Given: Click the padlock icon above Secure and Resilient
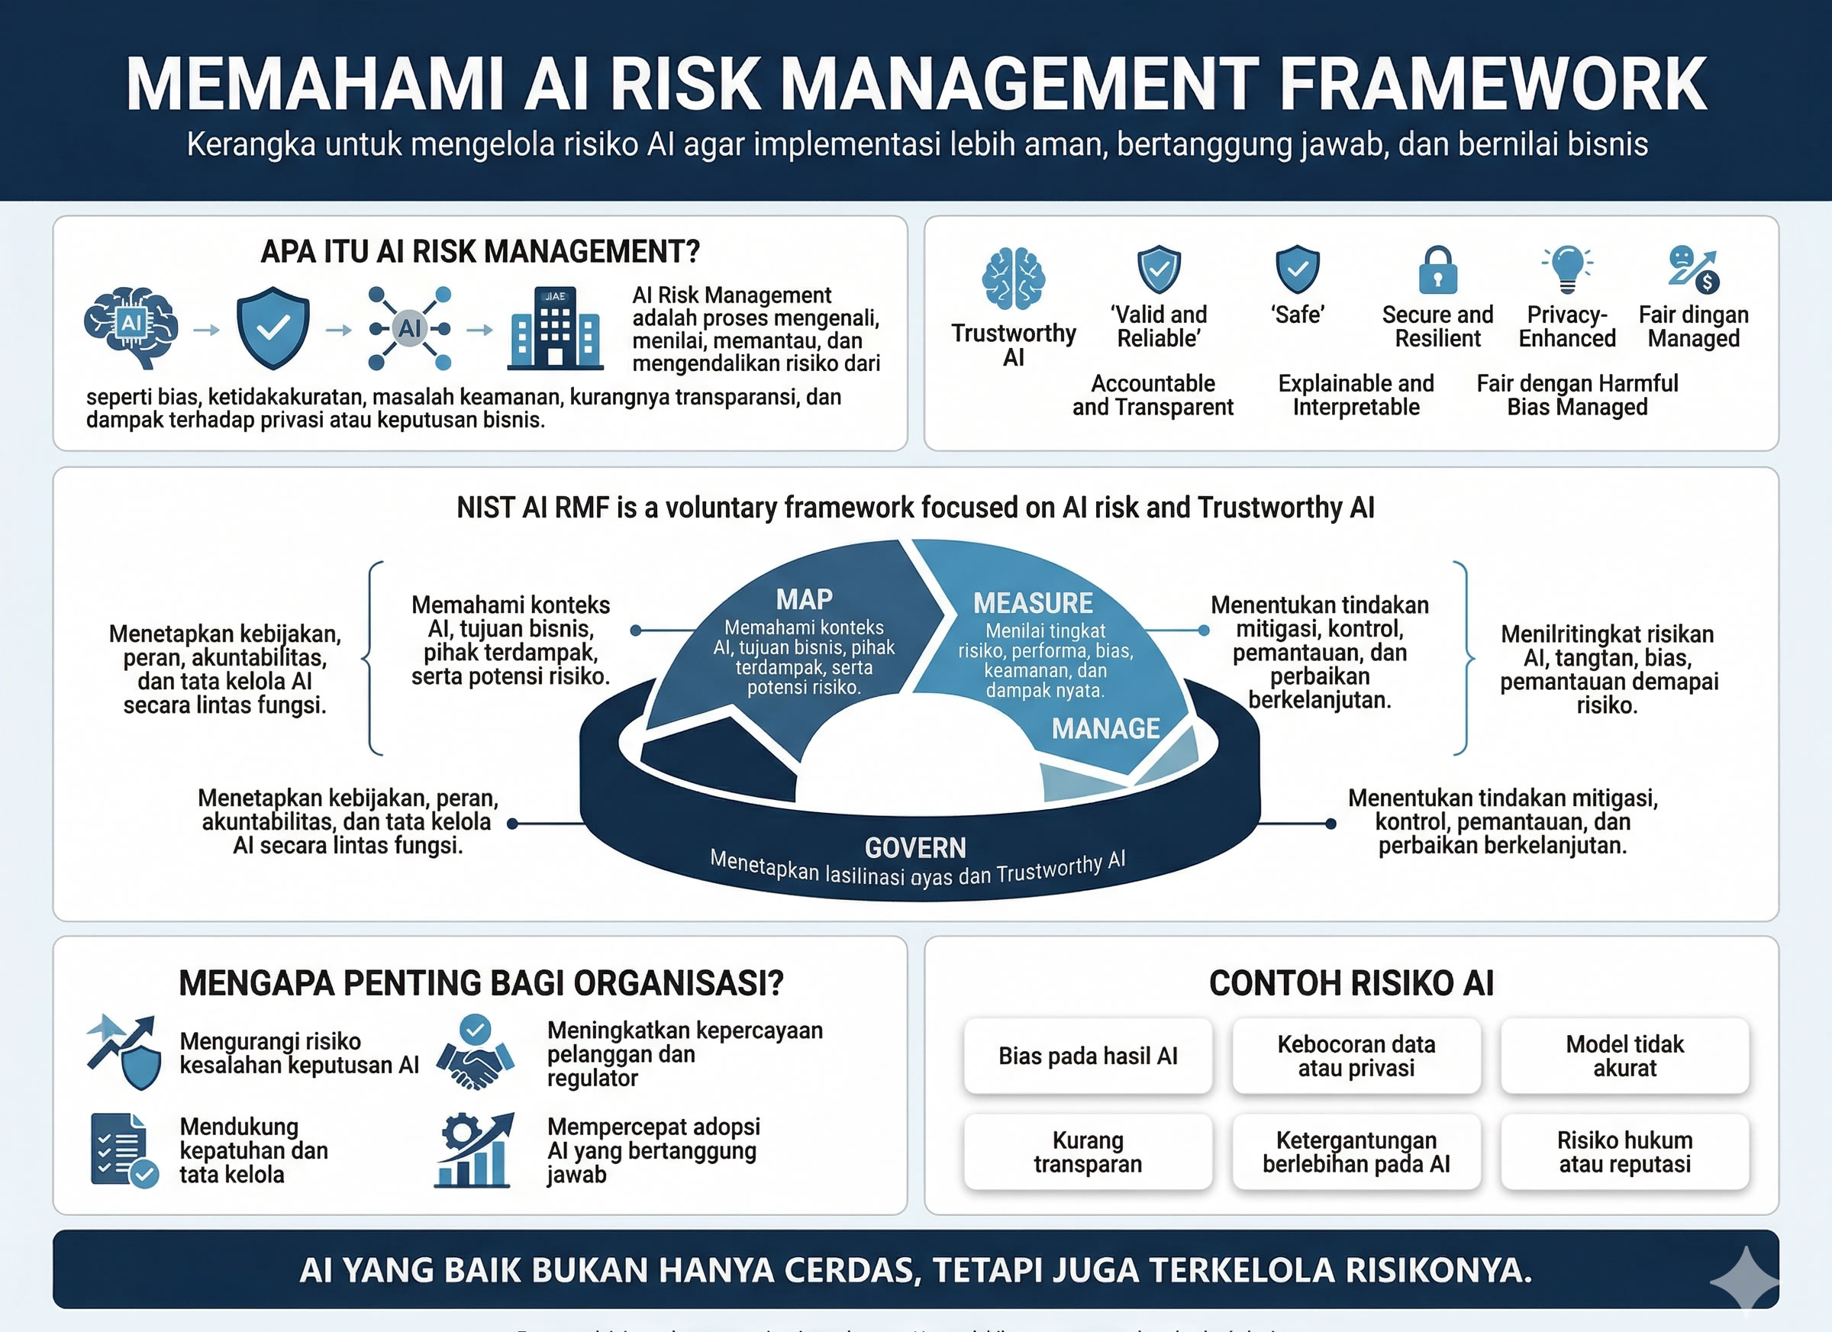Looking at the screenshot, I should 1438,271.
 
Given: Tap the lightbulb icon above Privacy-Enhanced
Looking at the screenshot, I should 1567,268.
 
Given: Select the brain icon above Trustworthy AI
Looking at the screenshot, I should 1013,279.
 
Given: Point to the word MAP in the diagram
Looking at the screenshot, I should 804,599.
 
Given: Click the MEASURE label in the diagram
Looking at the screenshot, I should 1033,603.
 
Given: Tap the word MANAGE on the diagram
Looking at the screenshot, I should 1105,729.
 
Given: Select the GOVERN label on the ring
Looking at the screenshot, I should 915,847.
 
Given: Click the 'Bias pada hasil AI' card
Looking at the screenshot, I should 1087,1056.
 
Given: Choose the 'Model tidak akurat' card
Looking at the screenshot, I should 1624,1056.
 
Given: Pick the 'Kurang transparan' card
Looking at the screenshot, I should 1087,1152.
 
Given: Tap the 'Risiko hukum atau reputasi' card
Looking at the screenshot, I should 1624,1152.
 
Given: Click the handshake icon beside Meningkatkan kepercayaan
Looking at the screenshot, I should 475,1054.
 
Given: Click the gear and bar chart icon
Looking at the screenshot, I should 473,1150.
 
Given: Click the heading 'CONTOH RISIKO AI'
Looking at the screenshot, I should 1350,983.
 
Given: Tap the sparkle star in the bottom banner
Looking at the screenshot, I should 1744,1279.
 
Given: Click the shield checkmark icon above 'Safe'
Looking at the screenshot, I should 1297,269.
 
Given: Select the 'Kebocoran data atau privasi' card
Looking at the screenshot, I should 1356,1056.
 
